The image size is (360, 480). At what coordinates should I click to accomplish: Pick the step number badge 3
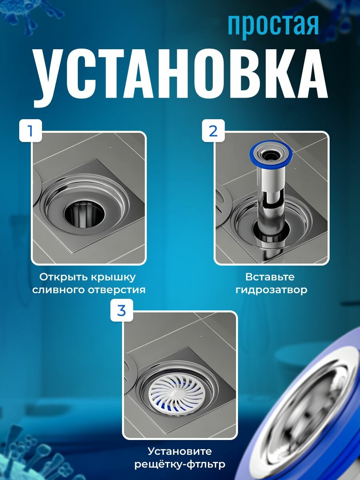pyautogui.click(x=122, y=311)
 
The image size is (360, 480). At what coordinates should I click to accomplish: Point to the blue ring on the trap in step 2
pyautogui.click(x=271, y=153)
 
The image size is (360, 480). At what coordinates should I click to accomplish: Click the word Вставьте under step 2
pyautogui.click(x=270, y=277)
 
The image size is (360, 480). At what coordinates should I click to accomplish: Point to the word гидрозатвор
pyautogui.click(x=271, y=290)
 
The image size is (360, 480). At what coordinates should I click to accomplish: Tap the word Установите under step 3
pyautogui.click(x=180, y=451)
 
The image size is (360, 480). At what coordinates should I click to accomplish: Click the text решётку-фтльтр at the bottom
pyautogui.click(x=180, y=464)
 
